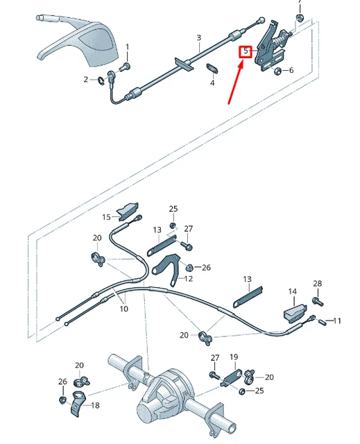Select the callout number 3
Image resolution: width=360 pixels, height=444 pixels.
198,37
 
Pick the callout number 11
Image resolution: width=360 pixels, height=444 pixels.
338,321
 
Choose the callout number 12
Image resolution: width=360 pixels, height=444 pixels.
189,279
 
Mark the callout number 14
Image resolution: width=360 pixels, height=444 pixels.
293,292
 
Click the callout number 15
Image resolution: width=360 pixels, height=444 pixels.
106,217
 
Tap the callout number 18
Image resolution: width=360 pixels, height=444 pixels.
95,406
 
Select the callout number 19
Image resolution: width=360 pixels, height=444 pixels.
234,357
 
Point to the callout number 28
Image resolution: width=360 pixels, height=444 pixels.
318,284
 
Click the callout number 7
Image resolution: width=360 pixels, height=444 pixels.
300,3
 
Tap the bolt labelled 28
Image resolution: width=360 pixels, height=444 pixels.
317,302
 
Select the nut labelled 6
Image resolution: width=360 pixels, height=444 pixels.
277,70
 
